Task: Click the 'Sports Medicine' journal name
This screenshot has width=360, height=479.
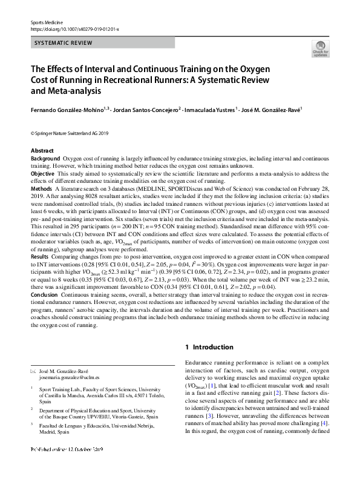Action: pyautogui.click(x=47, y=22)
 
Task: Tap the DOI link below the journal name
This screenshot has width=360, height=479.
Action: pyautogui.click(x=74, y=28)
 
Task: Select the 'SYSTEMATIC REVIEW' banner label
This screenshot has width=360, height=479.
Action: pyautogui.click(x=63, y=43)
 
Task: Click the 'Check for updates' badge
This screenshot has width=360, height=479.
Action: pyautogui.click(x=319, y=49)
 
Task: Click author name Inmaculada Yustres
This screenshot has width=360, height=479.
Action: pyautogui.click(x=212, y=110)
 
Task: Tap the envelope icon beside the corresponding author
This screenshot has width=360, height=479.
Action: pyautogui.click(x=33, y=370)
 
